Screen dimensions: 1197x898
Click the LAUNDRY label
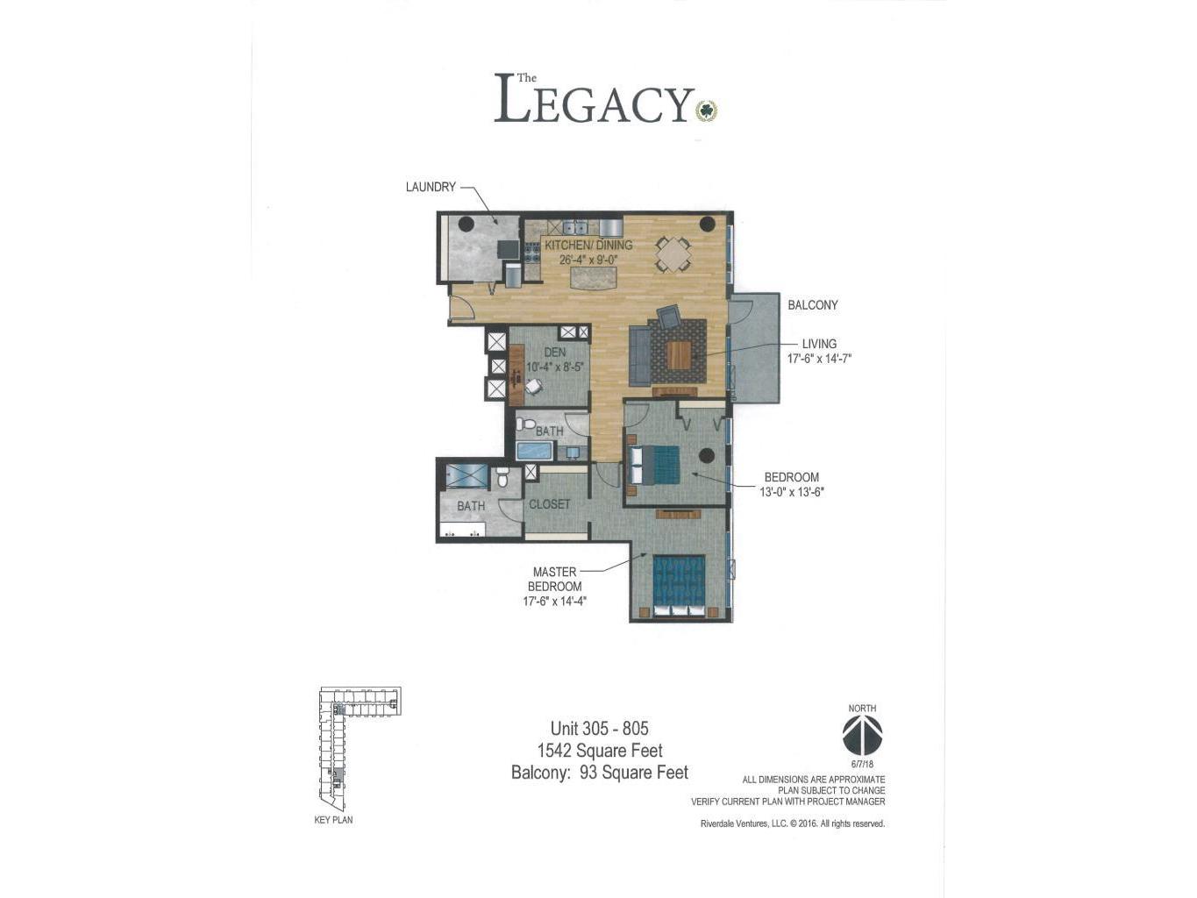[x=431, y=187]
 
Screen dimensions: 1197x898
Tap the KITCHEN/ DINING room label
[x=588, y=246]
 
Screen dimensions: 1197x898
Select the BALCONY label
[x=813, y=305]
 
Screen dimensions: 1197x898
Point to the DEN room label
[x=554, y=353]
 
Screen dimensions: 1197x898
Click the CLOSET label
[x=549, y=504]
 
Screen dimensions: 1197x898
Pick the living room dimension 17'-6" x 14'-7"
[x=819, y=359]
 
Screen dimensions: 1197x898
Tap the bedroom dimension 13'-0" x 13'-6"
[x=791, y=492]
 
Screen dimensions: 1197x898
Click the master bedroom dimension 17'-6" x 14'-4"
[x=554, y=602]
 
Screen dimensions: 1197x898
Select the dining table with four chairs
[x=673, y=254]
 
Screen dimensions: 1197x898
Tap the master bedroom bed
[x=679, y=586]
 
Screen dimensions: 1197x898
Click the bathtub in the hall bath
[x=534, y=452]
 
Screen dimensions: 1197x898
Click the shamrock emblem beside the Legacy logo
[x=707, y=111]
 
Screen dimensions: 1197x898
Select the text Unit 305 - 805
[x=599, y=728]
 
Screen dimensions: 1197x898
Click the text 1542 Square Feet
[x=600, y=751]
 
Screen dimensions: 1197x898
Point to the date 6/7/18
[x=862, y=765]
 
